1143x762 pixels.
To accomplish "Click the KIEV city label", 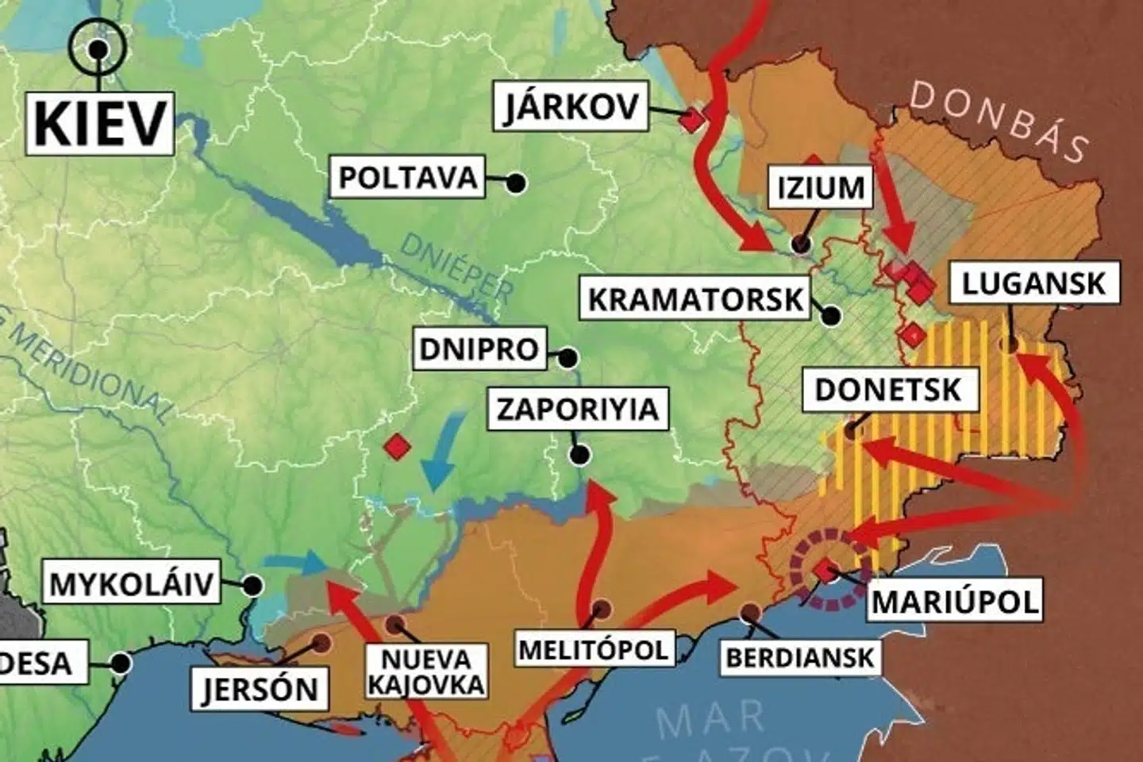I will click(x=100, y=123).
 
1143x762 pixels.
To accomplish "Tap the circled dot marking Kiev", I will click(x=98, y=48).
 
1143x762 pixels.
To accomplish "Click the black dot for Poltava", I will click(x=516, y=183).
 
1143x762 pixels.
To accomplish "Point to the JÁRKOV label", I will click(x=571, y=106).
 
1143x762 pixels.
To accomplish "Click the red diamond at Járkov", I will click(x=692, y=120).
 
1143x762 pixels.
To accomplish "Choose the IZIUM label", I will click(x=820, y=188).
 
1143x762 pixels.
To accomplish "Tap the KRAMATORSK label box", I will click(x=695, y=299).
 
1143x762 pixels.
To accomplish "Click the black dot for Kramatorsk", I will click(x=831, y=316).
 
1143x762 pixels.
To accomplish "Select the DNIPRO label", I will click(x=479, y=349).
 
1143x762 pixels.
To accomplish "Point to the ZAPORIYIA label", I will click(x=577, y=409).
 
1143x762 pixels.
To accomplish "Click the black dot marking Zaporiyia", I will click(x=580, y=455).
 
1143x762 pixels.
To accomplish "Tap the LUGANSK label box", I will click(x=1033, y=283).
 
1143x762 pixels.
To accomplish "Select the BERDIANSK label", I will click(x=799, y=657).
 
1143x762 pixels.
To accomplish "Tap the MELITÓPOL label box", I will click(x=593, y=649).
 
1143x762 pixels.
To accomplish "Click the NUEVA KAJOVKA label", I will click(x=426, y=672).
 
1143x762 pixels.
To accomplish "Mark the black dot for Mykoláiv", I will click(x=252, y=586).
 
